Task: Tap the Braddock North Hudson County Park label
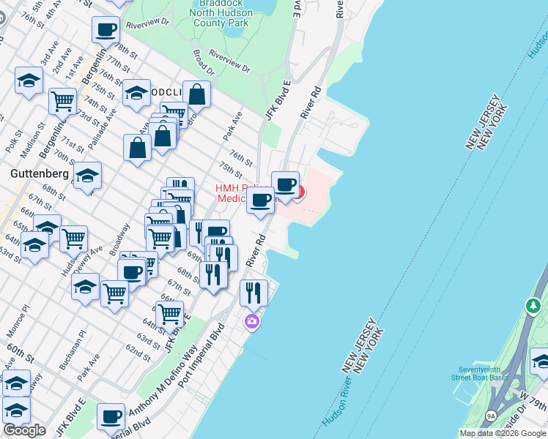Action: (x=221, y=14)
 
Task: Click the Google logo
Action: (x=25, y=430)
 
